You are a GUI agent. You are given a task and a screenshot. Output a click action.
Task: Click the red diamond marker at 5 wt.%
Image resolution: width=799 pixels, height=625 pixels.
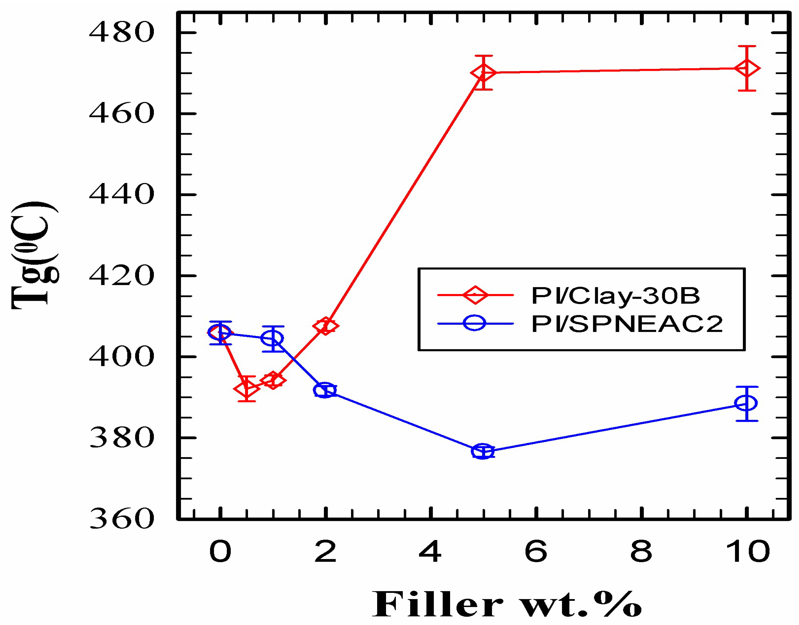click(483, 73)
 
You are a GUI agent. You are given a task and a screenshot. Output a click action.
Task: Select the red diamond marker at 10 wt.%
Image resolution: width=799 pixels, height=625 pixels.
click(747, 68)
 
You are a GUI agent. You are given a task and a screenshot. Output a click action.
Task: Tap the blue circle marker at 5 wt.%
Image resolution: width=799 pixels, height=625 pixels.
click(483, 452)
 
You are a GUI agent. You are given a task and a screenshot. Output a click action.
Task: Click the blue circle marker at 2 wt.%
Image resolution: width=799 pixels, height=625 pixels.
click(325, 391)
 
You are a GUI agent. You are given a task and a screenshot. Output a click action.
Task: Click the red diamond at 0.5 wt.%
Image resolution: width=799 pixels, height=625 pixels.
click(246, 389)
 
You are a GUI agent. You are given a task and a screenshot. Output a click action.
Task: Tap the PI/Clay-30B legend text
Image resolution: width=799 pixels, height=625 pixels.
click(615, 295)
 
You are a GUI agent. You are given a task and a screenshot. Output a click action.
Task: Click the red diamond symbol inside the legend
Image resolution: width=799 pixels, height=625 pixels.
click(475, 294)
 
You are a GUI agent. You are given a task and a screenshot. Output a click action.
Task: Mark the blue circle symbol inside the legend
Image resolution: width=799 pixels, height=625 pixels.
click(475, 323)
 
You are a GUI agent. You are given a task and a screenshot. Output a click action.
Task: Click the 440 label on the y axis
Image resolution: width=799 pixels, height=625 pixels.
click(121, 195)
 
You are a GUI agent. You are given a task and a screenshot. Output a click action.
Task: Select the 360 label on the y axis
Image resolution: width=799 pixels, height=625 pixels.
click(121, 519)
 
